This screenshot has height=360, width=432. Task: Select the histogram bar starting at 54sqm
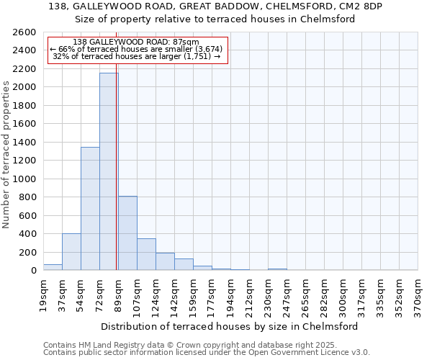coord(90,209)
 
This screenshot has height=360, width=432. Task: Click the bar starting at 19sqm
coord(53,267)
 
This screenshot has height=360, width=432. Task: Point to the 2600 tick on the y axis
coord(24,32)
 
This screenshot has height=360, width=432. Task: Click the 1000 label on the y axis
coord(24,179)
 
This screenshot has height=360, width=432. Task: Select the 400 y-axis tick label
coord(27,234)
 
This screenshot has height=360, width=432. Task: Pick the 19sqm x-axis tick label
coord(43,295)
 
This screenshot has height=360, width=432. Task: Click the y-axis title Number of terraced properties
coord(6,155)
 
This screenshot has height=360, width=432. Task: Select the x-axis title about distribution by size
coord(230,326)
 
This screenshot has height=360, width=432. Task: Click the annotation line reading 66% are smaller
coord(137,49)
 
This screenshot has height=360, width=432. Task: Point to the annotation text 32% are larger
coord(137,56)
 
